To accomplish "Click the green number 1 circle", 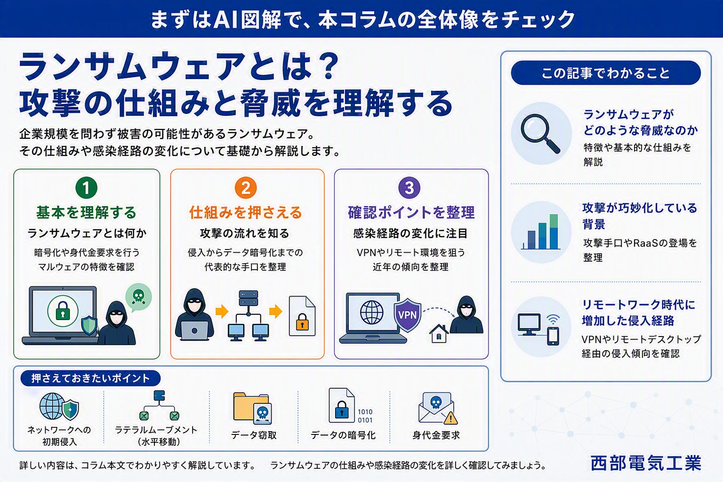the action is (x=86, y=187).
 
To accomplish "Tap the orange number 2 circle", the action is (x=246, y=187).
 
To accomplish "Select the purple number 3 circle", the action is (x=409, y=187).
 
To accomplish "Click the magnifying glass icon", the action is (x=540, y=133).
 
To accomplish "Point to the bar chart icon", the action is (x=541, y=232).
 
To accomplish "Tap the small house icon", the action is (x=439, y=334).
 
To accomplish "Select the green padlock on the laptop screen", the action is (x=63, y=311).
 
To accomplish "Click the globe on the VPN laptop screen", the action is (x=371, y=312).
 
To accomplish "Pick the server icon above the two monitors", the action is (x=248, y=298).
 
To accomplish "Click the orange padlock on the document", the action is (x=302, y=321).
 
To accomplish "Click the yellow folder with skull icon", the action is (x=252, y=408).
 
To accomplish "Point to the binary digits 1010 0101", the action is (x=365, y=416).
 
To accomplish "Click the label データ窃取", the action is (x=254, y=435).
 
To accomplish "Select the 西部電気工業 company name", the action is (x=646, y=463).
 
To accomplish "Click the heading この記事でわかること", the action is (x=605, y=73).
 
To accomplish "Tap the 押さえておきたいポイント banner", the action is (x=90, y=378).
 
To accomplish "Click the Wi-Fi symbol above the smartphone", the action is (x=553, y=320).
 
